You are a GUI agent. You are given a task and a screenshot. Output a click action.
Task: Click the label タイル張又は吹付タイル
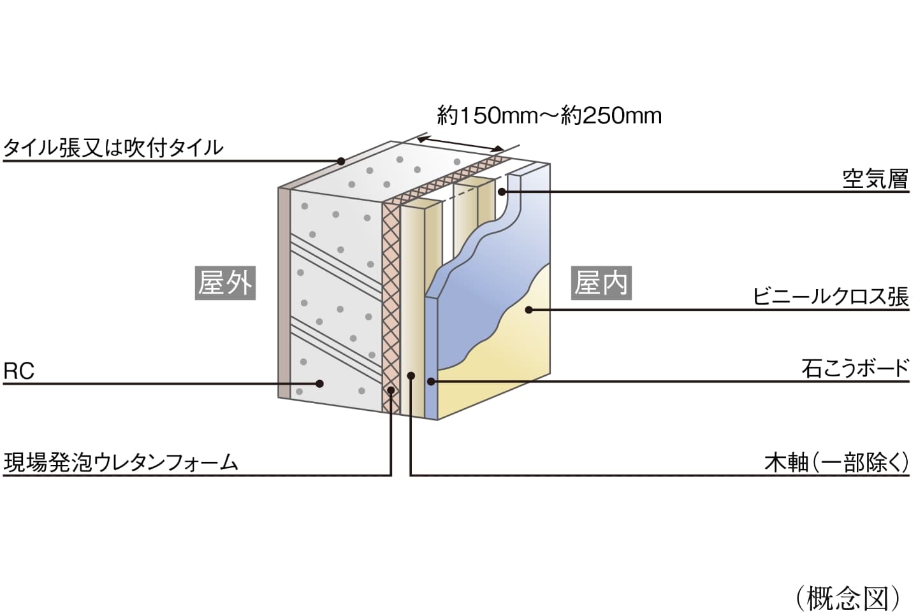point(113,148)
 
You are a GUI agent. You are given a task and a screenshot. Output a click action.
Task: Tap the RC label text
point(18,371)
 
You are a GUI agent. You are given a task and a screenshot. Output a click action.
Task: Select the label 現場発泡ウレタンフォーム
point(121,462)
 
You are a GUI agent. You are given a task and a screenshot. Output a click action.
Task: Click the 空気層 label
point(875,179)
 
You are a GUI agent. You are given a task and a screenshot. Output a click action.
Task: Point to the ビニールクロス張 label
point(830,296)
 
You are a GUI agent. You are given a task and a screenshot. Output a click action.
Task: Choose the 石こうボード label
point(855,368)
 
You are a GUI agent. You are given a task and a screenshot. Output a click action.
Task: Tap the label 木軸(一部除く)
point(836,462)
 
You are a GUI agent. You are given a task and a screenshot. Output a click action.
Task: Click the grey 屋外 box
point(225,282)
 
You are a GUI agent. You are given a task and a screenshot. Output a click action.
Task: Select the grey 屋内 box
point(601,282)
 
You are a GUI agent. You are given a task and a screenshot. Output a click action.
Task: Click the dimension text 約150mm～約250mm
point(549,115)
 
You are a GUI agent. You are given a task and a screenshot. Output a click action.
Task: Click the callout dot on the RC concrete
point(321,383)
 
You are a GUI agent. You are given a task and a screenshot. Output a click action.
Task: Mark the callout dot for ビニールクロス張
point(528,310)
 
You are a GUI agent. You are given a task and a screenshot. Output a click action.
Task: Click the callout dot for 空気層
point(502,191)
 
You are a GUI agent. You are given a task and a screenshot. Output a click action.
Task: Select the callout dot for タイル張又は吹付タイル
point(341,161)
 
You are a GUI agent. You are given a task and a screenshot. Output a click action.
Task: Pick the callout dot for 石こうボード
point(431,382)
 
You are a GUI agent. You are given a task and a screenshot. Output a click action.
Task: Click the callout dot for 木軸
point(411,376)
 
